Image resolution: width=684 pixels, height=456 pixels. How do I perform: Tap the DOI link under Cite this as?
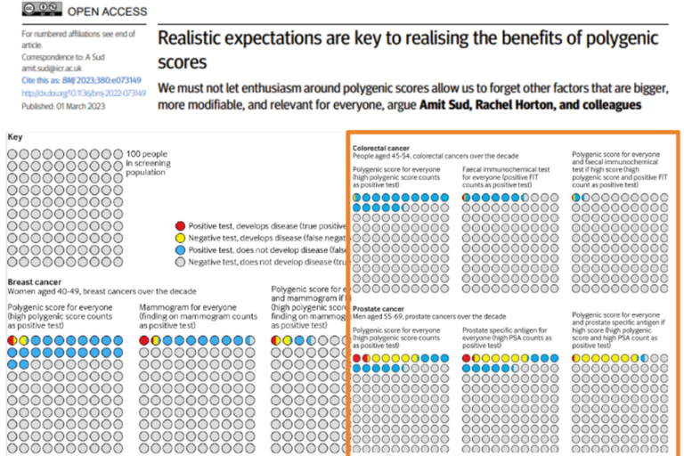pyautogui.click(x=76, y=93)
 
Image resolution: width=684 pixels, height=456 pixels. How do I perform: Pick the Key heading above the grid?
pyautogui.click(x=16, y=138)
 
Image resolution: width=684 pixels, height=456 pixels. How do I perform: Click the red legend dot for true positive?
pyautogui.click(x=181, y=226)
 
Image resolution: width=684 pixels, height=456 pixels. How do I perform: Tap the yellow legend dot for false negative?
pyautogui.click(x=181, y=238)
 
